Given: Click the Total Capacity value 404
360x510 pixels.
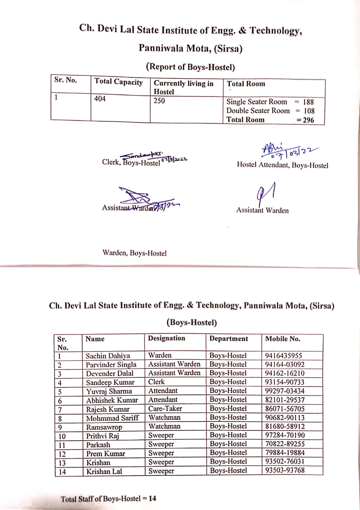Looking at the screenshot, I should (100, 99).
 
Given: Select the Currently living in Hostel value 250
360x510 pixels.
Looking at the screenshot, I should (159, 101).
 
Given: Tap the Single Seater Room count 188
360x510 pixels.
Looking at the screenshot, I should (308, 102).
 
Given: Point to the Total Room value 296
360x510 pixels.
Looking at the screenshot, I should (308, 120).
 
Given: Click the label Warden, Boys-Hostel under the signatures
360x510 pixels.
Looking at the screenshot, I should (134, 253).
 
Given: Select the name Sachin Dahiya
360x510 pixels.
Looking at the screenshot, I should (108, 356).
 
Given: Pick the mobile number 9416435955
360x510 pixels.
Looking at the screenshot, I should (284, 355).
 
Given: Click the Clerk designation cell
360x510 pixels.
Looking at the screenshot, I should (156, 382).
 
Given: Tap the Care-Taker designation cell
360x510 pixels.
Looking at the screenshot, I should (165, 409).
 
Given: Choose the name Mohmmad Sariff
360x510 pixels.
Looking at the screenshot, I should (112, 418).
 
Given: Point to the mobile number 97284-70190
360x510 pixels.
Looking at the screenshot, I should (285, 435).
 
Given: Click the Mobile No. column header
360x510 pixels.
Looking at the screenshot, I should (283, 339).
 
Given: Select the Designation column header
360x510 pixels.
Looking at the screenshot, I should (166, 338).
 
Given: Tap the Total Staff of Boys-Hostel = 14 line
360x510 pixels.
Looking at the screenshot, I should (108, 499).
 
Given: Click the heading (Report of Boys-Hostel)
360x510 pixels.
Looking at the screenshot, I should (190, 67).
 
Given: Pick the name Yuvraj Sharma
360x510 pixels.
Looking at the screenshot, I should (109, 391).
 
